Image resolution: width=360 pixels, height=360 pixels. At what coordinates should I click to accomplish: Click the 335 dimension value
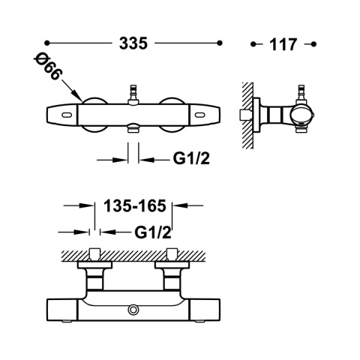[x=133, y=43]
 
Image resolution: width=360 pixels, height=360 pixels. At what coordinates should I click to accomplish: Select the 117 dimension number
[x=283, y=45]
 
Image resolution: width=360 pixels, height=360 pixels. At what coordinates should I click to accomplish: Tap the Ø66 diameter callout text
[x=48, y=66]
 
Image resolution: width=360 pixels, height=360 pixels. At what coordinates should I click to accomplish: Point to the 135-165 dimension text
[x=135, y=205]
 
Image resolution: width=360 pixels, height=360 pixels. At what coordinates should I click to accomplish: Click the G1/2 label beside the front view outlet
[x=191, y=158]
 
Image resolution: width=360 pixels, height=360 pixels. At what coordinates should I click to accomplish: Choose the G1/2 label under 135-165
[x=153, y=232]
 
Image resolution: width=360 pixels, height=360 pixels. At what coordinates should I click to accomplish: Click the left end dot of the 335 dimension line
[x=46, y=43]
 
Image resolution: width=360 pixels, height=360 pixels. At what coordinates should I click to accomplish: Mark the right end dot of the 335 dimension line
[x=220, y=43]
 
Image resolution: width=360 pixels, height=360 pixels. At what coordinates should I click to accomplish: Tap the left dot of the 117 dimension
[x=253, y=44]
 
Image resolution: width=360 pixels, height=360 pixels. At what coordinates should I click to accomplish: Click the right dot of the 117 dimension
[x=314, y=44]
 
